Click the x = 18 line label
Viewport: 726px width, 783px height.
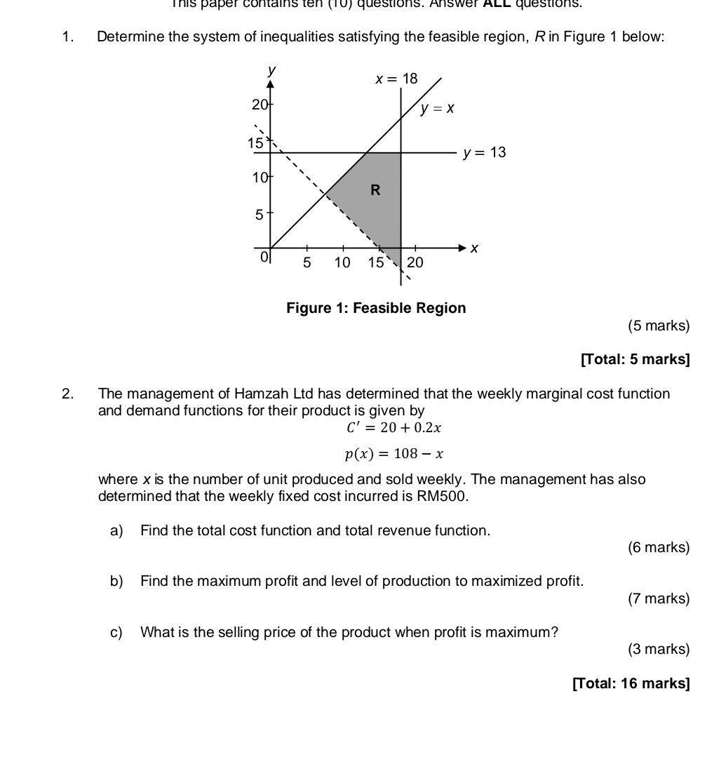(396, 79)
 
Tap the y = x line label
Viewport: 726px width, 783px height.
(438, 109)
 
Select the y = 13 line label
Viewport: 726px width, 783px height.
(484, 153)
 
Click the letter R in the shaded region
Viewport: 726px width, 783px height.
(375, 190)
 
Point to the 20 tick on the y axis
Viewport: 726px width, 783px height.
(260, 105)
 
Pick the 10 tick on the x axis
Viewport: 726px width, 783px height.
(342, 263)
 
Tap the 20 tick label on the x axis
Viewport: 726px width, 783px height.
(415, 263)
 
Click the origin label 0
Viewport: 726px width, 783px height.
(264, 257)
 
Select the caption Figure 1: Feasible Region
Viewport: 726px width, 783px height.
(375, 308)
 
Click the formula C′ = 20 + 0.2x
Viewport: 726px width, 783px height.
(394, 427)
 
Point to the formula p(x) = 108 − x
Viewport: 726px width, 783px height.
(394, 453)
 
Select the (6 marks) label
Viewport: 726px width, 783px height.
(659, 547)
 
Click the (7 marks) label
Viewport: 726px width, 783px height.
(659, 598)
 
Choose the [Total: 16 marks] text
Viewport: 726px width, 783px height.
(631, 683)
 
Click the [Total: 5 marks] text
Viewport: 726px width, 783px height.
(635, 359)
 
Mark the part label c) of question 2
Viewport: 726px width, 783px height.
(116, 632)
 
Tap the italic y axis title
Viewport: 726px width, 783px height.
(271, 71)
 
